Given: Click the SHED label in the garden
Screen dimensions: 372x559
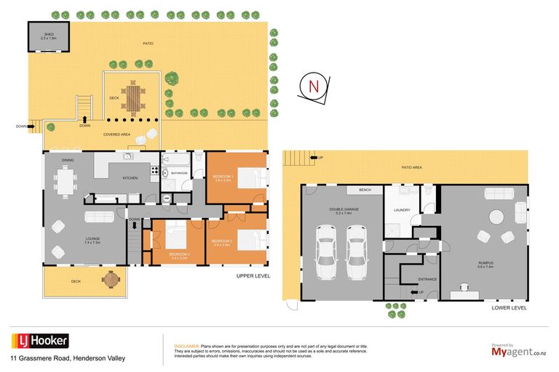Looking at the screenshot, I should [48, 35].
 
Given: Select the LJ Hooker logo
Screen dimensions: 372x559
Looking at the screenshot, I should [40, 341].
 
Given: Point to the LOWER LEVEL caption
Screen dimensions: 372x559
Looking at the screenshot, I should [509, 308].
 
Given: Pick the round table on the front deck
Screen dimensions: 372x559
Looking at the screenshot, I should [111, 278].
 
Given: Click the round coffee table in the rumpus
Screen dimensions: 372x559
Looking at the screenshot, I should [496, 217].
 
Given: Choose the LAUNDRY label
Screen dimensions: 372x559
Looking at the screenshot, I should [402, 211].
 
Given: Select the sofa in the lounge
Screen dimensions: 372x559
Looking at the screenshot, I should [100, 217].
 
